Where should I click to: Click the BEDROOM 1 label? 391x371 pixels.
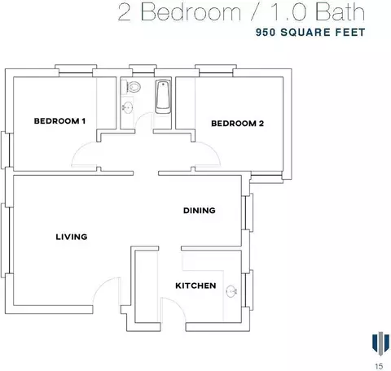59,121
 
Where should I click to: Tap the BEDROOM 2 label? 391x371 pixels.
238,124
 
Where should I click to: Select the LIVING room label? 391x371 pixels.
72,237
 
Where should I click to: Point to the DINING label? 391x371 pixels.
200,211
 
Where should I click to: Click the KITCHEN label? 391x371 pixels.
195,286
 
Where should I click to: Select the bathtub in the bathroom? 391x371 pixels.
163,97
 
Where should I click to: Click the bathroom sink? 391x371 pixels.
127,108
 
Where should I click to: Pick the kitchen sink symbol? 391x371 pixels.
231,291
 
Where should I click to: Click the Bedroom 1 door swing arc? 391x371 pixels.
78,149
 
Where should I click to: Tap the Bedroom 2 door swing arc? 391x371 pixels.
213,149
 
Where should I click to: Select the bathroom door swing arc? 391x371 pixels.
141,117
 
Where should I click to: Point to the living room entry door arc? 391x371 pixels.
99,286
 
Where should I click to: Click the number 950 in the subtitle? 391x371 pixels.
266,33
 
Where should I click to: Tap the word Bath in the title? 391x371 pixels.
340,12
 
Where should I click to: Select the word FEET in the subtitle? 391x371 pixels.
350,33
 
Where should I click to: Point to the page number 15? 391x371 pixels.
379,366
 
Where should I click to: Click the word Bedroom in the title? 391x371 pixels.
191,12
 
